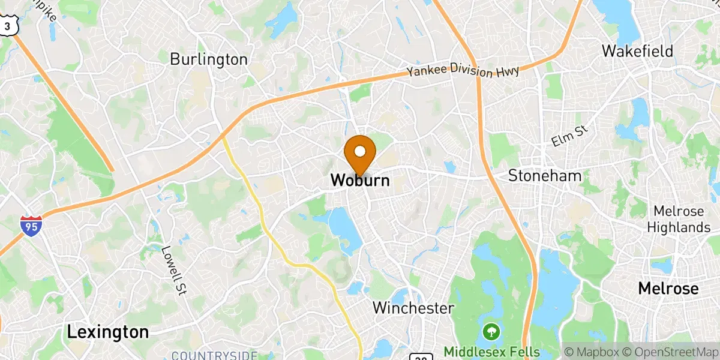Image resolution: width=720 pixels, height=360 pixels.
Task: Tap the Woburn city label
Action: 360,180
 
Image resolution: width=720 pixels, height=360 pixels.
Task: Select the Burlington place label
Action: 209,59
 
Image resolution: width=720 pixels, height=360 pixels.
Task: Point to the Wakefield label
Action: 637,51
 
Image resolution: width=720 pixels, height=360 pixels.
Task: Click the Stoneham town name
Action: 545,176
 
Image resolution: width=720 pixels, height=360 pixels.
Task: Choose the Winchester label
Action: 413,308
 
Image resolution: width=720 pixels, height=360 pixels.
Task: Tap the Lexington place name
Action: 108,332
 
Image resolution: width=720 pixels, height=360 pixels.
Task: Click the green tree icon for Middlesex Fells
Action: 491,331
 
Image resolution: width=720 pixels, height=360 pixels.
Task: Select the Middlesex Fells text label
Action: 492,352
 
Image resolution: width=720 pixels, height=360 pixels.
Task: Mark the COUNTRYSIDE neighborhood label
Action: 215,354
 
